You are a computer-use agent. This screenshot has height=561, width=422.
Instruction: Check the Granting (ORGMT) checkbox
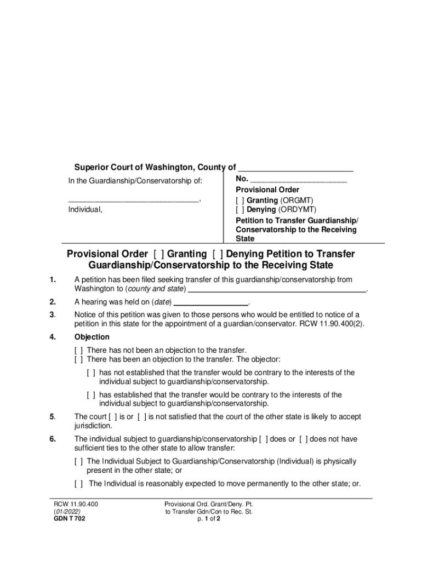click(240, 201)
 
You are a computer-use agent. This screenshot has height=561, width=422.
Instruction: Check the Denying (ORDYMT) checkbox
click(240, 209)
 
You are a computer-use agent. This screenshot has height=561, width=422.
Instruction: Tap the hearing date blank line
click(211, 302)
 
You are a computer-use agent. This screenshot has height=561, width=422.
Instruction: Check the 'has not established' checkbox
click(91, 373)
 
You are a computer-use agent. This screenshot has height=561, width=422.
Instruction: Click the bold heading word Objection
click(92, 337)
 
